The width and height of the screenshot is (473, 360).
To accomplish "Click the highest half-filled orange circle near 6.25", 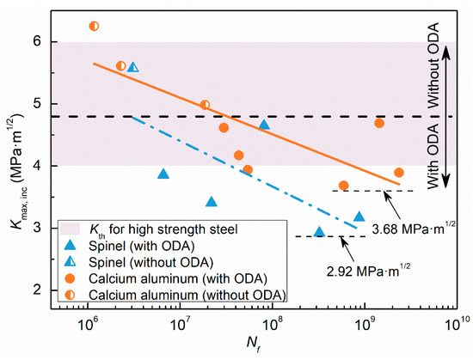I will coord(95,26).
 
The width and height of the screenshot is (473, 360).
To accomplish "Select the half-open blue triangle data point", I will coord(132,67).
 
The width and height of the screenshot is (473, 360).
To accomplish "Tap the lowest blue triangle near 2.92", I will coord(319,232).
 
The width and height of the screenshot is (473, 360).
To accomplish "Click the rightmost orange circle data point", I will coord(398,173).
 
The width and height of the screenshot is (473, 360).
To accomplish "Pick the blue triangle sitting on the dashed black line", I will coord(264,125).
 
